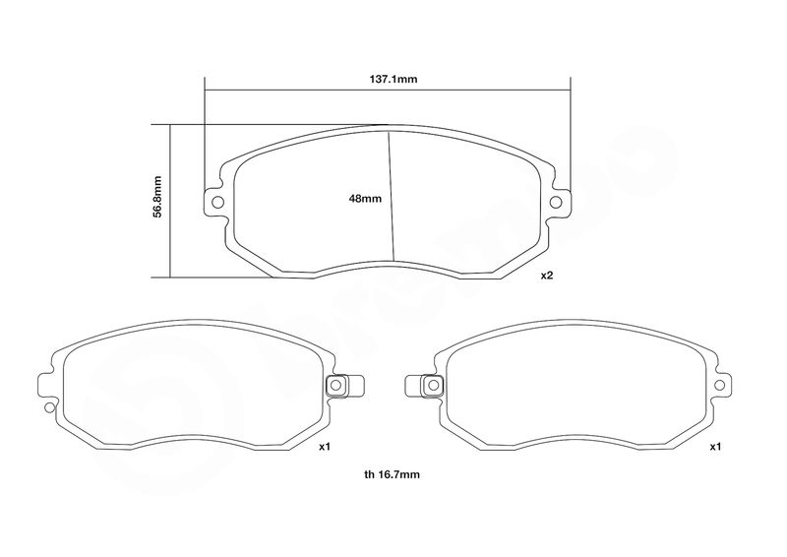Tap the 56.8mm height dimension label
pos(157,197)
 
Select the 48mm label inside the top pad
pos(365,199)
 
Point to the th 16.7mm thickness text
pos(392,474)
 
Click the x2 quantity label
pos(547,276)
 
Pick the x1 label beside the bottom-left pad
pos(325,447)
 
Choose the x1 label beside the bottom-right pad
pos(715,447)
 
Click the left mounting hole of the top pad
pos(217,202)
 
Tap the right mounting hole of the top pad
pos(556,202)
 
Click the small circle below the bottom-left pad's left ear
pos(49,407)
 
